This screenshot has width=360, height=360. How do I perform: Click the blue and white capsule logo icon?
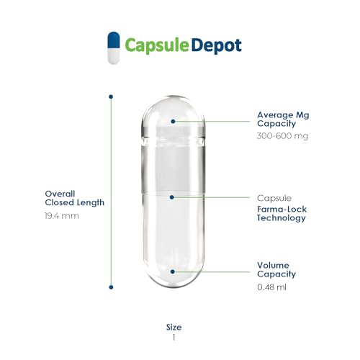114,48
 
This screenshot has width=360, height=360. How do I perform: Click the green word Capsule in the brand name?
157,45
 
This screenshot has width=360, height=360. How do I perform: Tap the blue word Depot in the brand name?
217,45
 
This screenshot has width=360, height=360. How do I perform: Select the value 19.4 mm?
62,216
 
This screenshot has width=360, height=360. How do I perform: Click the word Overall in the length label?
60,194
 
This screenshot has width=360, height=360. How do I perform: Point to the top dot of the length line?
111,96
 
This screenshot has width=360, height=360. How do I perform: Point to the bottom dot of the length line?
111,287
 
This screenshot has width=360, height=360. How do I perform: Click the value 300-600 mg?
282,136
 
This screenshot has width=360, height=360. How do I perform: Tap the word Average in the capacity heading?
275,115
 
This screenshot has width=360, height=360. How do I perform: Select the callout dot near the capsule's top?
173,122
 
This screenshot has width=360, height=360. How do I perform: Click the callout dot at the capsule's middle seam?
171,197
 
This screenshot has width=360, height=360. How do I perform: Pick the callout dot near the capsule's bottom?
172,271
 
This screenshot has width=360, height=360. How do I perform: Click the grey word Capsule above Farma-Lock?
274,198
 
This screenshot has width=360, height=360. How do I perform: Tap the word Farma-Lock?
282,209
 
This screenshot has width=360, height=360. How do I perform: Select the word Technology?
282,218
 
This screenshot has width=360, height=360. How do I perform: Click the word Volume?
273,265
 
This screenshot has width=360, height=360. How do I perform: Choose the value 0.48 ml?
271,287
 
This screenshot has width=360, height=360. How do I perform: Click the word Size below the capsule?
174,327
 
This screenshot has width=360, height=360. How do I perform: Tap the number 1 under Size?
174,338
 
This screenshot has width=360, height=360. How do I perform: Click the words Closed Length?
75,203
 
